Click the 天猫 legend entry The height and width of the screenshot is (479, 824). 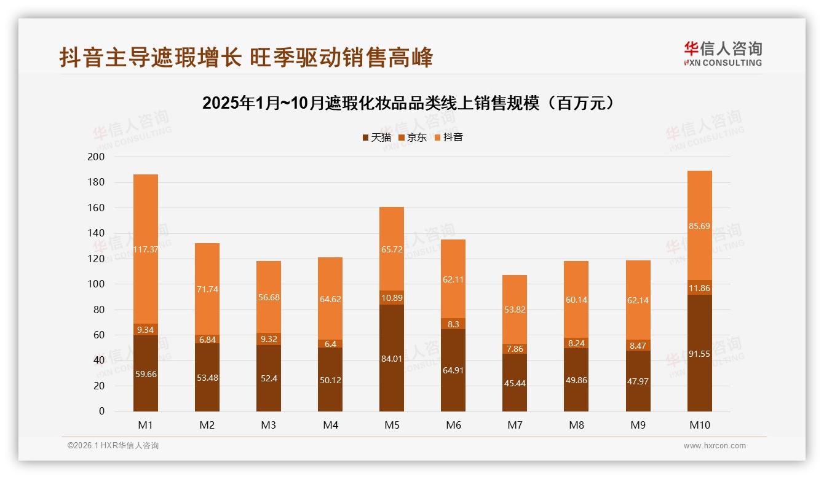pyautogui.click(x=377, y=138)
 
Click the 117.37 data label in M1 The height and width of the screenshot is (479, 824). pyautogui.click(x=146, y=249)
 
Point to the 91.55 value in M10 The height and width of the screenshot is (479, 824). pyautogui.click(x=699, y=354)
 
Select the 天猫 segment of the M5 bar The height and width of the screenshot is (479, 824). pyautogui.click(x=392, y=358)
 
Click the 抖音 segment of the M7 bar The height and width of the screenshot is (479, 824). pyautogui.click(x=515, y=310)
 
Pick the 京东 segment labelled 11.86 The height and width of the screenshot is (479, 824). pyautogui.click(x=699, y=287)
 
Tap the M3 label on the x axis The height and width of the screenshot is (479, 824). pyautogui.click(x=269, y=425)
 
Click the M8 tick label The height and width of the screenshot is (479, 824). pyautogui.click(x=576, y=425)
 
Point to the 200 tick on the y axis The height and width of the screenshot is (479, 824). pyautogui.click(x=97, y=157)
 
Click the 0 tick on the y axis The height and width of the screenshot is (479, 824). pyautogui.click(x=101, y=411)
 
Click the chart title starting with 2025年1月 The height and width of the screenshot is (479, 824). pyautogui.click(x=408, y=103)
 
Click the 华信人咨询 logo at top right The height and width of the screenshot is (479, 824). pyautogui.click(x=723, y=53)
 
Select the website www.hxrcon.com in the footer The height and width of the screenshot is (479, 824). pyautogui.click(x=715, y=446)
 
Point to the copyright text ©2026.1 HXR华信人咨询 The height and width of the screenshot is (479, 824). pyautogui.click(x=113, y=446)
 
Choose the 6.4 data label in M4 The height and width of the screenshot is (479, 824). pyautogui.click(x=330, y=344)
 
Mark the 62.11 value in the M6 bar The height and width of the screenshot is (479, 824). pyautogui.click(x=453, y=279)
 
